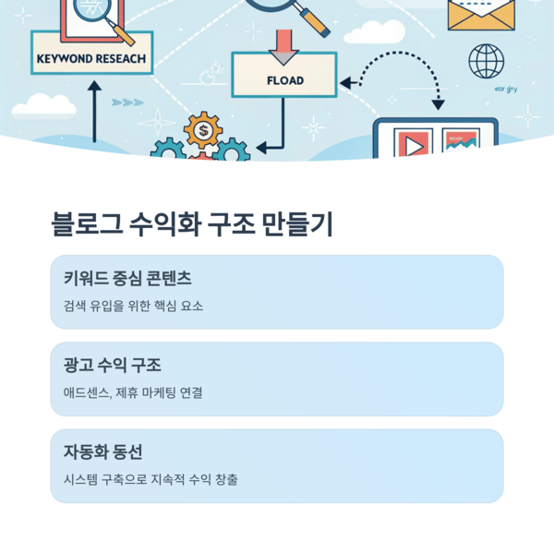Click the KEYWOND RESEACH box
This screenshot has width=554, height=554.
[90, 57]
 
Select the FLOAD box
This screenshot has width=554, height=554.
[284, 79]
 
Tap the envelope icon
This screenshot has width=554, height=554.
[481, 15]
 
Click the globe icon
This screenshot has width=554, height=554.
[487, 62]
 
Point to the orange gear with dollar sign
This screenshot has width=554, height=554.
[202, 130]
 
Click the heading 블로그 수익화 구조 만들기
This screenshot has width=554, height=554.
[192, 224]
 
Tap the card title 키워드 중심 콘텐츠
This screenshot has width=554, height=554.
[127, 278]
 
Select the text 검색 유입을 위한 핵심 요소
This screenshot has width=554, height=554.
[133, 306]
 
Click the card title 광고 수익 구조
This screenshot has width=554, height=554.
[112, 365]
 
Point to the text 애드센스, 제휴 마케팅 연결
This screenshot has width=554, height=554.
[133, 392]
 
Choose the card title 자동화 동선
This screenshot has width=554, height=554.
[102, 452]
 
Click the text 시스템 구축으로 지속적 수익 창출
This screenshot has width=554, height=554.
[151, 479]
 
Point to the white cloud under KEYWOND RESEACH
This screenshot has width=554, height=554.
[42, 107]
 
